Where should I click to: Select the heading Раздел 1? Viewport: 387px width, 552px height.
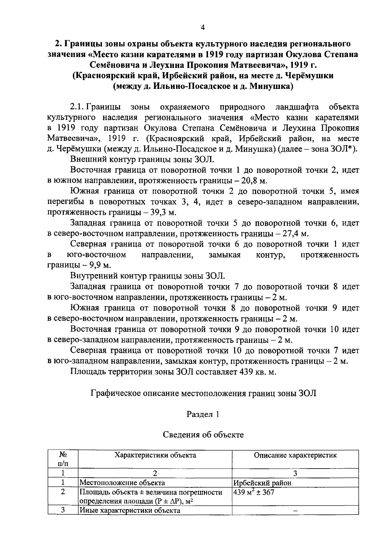(x=203, y=414)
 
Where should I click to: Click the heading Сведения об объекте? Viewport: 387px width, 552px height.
(x=203, y=435)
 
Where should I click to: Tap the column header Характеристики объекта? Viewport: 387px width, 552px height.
(x=155, y=455)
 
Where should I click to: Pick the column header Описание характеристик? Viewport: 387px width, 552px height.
(x=295, y=455)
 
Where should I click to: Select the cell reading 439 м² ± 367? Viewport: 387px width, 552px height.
(x=254, y=492)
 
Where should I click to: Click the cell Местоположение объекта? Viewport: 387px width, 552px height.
(x=122, y=483)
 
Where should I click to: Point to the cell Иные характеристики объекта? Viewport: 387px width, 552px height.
(x=130, y=510)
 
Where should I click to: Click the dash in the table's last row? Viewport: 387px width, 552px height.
(x=295, y=511)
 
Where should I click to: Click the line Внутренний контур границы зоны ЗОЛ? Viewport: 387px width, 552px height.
(x=147, y=276)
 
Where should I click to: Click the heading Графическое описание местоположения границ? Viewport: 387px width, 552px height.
(x=203, y=393)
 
